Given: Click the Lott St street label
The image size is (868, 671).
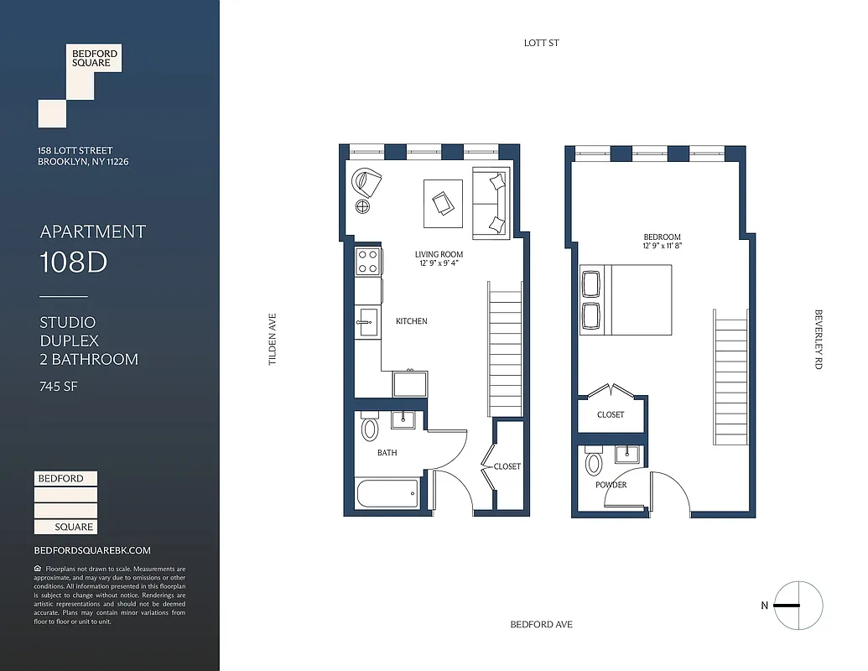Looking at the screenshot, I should click(x=540, y=43).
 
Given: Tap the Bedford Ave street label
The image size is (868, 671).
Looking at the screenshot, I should click(x=541, y=625).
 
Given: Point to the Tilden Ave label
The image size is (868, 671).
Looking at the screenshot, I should click(x=272, y=340).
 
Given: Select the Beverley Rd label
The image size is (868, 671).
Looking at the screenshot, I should click(x=819, y=340).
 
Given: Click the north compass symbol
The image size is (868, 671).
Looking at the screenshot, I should click(x=798, y=606).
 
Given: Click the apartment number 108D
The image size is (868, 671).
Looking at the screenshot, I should click(x=74, y=263).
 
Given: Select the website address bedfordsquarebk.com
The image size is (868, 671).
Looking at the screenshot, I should click(x=92, y=550).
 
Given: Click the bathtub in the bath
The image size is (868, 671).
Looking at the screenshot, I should click(x=387, y=493).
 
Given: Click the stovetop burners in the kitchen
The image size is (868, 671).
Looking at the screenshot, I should click(x=367, y=262).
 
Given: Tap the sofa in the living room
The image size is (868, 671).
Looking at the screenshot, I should click(x=491, y=204).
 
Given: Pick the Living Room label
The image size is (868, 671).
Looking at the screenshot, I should click(x=439, y=254).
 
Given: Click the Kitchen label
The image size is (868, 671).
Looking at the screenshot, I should click(x=411, y=321).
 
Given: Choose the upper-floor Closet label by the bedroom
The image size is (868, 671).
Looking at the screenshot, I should click(x=611, y=415).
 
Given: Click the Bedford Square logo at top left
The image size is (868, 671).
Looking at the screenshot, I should click(x=81, y=85).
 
